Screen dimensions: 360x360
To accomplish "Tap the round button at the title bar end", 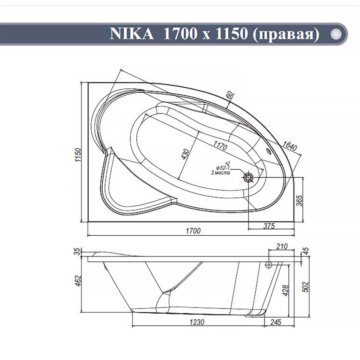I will pyautogui.click(x=336, y=34).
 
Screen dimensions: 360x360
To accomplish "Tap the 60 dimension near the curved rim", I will pyautogui.click(x=230, y=95).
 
